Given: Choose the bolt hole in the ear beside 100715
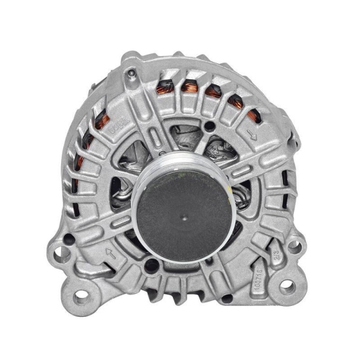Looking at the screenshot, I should point(287,286).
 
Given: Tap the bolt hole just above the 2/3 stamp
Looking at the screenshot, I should point(292,246).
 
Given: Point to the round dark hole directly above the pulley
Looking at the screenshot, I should point(208,126).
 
